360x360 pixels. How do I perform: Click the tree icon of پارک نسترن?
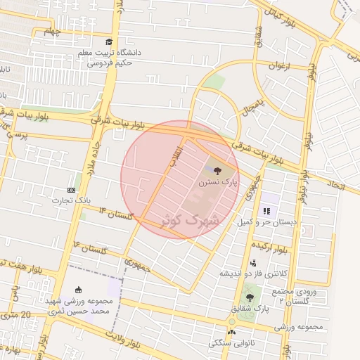215,169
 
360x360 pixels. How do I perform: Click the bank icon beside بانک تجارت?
71,190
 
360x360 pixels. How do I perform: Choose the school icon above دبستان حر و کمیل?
266,210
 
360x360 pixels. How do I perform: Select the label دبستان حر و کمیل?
266,221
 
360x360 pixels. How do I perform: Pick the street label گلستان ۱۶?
89,247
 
